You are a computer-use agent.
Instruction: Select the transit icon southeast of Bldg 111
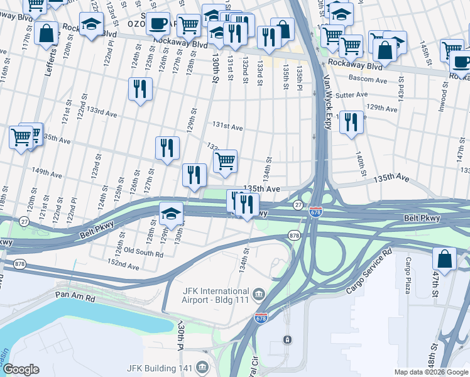[x=287, y=339]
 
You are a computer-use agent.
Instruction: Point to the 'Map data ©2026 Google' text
[x=430, y=372]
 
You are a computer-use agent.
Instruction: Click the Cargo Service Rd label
[x=369, y=271]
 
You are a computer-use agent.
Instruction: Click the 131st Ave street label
[x=227, y=127]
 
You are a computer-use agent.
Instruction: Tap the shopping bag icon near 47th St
[x=444, y=258]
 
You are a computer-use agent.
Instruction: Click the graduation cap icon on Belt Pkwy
[x=171, y=213]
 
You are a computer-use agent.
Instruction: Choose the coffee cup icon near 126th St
[x=158, y=23]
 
